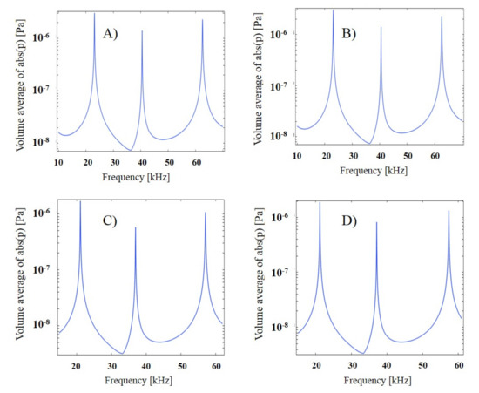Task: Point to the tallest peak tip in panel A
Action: tap(94, 14)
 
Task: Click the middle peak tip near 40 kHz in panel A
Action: tap(142, 31)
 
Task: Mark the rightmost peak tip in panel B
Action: tap(442, 17)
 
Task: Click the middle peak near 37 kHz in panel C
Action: tap(135, 227)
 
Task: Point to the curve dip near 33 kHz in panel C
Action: tap(124, 353)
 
